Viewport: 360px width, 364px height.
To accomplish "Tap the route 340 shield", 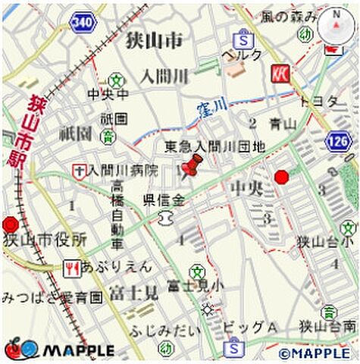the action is pos(82,23).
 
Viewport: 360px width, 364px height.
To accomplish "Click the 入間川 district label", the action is pos(163,77).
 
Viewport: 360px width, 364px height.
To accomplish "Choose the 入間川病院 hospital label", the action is pos(121,170).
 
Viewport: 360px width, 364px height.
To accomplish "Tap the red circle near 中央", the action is pos(281,177).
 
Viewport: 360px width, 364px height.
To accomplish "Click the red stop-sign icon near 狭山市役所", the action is pos(10,224).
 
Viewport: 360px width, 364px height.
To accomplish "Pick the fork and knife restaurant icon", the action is pos(73,267).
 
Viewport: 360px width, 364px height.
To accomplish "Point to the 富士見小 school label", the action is pos(196,286).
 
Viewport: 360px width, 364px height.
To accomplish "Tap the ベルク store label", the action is pos(241,55).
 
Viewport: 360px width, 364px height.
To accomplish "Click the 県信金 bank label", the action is pos(164,200).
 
